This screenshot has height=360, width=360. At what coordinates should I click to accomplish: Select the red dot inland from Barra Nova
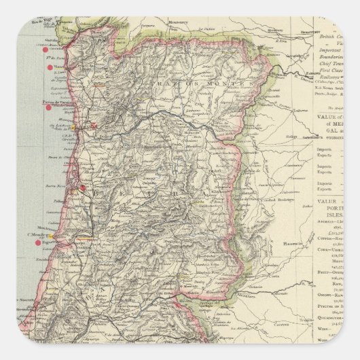pyautogui.click(x=82, y=188)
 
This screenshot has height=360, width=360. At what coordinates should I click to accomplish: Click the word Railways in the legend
pyautogui.click(x=329, y=79)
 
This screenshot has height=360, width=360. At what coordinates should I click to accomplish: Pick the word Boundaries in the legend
pyautogui.click(x=333, y=60)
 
